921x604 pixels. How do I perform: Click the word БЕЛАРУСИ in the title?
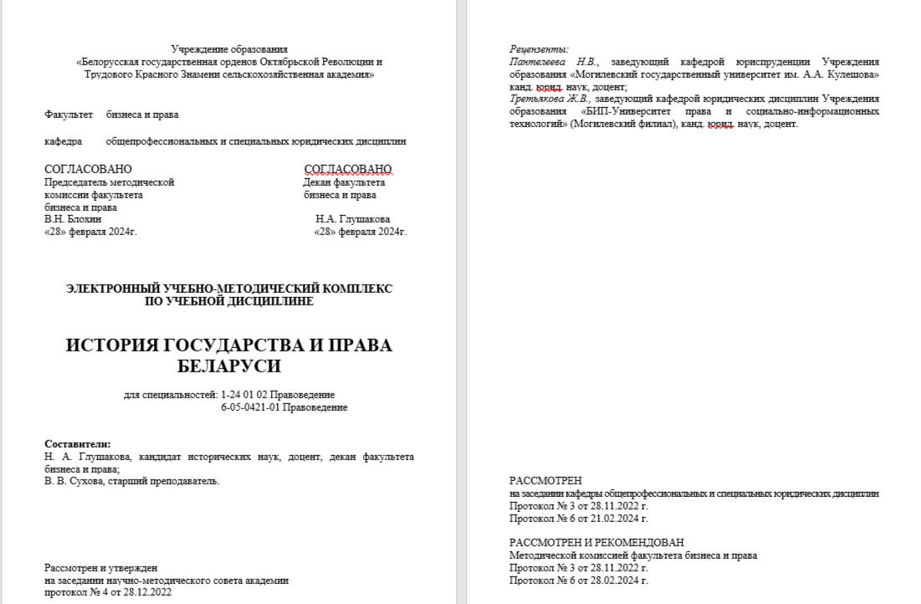coord(229,366)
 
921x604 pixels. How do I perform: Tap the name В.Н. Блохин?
coord(73,219)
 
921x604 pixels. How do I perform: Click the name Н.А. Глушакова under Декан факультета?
coord(353,219)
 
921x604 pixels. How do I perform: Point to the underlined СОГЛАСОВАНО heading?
coord(348,170)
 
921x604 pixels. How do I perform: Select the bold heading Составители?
coord(78,444)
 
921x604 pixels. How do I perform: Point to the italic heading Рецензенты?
coord(539,49)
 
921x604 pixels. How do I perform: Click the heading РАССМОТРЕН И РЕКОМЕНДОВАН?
coord(596,542)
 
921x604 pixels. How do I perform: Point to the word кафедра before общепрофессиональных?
coord(64,141)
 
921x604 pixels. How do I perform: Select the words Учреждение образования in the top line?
coord(229,49)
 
